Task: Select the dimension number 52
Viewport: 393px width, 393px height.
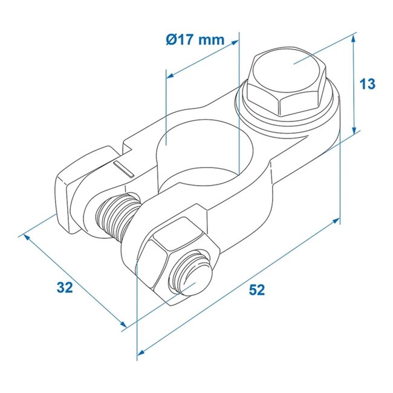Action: point(257,290)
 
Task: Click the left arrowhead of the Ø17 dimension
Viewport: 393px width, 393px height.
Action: point(170,76)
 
